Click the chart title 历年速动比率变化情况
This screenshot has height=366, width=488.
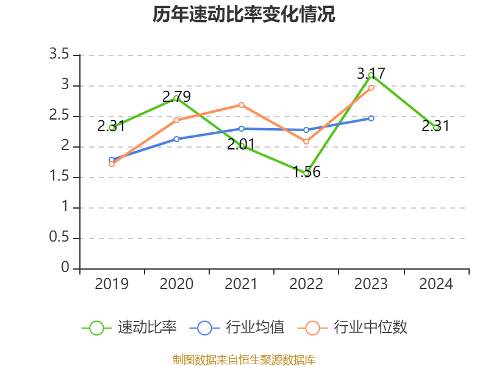coord(244,15)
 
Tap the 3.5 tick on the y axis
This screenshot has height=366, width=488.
coord(60,55)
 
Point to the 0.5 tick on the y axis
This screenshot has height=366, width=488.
coord(60,238)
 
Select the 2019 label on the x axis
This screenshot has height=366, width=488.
coord(112,284)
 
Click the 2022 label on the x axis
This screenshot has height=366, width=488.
coord(306,284)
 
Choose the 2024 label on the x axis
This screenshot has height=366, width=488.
coord(436,284)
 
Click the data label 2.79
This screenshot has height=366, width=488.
coord(176,96)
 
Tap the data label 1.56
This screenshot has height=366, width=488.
coord(306,172)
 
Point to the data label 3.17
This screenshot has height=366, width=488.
coord(371,74)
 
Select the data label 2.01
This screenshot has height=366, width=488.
coord(241,145)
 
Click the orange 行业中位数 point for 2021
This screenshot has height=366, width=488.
coord(242,105)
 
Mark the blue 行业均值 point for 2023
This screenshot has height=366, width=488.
coord(371,118)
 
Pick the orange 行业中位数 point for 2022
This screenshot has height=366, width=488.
coord(306,142)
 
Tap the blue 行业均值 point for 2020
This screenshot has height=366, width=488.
coord(177,139)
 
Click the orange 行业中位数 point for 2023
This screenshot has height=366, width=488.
coord(371,88)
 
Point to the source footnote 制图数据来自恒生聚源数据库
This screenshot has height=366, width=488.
coord(244,359)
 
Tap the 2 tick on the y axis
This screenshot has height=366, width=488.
coord(64,146)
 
